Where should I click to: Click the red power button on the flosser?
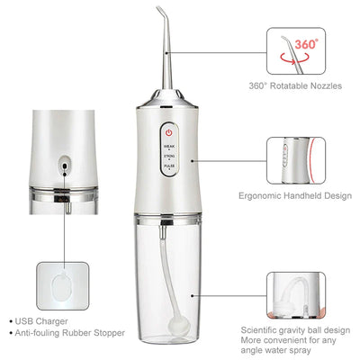169,129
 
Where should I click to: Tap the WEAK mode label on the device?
169,144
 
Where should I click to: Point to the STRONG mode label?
169,155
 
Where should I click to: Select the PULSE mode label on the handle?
169,166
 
